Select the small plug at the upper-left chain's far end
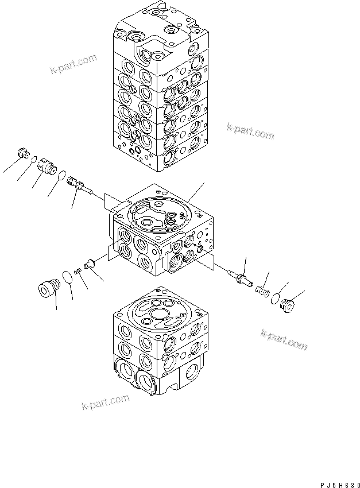[x=24, y=153]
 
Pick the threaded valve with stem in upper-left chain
[x=75, y=184]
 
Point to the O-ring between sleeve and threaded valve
[x=62, y=175]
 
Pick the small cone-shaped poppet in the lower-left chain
[x=89, y=264]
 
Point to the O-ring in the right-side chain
[x=276, y=298]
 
